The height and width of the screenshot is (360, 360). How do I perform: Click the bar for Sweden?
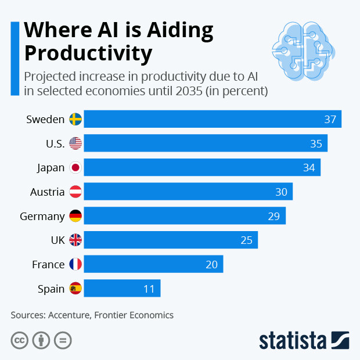213,119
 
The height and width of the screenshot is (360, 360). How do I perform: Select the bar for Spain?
122,289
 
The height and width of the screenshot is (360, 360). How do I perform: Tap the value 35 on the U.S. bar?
316,143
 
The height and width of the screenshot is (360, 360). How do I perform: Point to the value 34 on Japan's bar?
309,168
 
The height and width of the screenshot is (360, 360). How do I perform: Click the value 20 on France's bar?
211,264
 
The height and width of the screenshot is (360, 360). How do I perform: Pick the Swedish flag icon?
75,119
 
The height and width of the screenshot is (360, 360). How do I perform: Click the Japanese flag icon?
75,168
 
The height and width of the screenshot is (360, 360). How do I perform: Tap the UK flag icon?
75,240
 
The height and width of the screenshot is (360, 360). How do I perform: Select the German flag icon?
75,216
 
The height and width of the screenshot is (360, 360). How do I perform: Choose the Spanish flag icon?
75,289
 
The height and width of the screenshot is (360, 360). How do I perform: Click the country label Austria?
47,192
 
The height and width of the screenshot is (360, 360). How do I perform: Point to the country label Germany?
42,216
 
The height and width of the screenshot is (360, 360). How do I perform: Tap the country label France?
48,264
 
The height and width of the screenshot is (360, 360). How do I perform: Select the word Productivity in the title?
88,53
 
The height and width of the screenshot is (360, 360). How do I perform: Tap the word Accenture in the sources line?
72,315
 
